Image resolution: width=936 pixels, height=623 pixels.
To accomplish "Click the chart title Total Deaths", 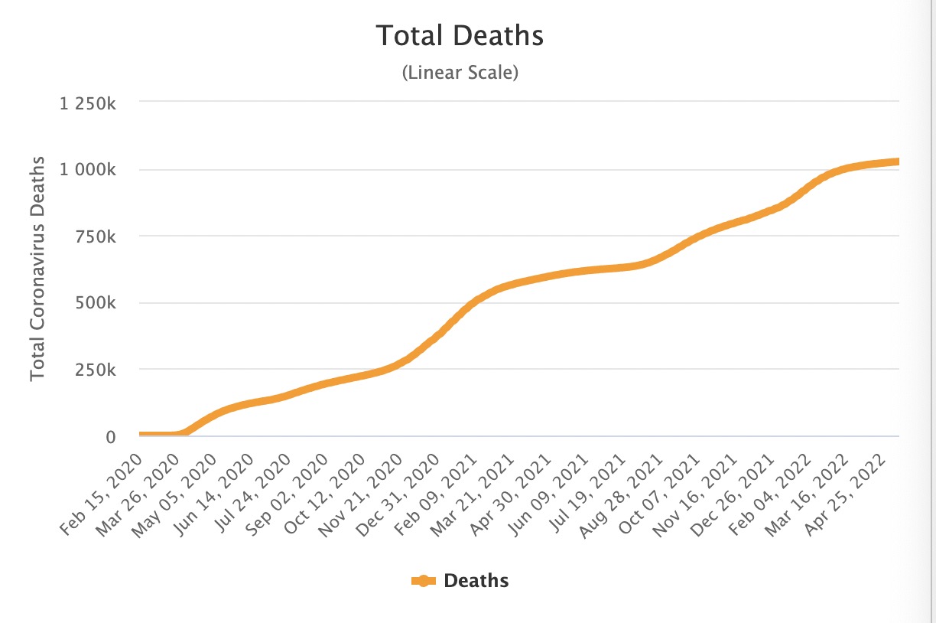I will (460, 36).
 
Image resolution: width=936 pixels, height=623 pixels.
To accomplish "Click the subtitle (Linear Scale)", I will (460, 73).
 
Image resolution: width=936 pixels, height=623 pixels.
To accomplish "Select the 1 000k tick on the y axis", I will (88, 169).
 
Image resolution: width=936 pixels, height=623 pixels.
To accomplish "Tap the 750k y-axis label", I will (96, 236).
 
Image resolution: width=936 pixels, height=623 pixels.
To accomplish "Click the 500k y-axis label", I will (96, 303).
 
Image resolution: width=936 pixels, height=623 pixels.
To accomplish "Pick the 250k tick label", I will (96, 370).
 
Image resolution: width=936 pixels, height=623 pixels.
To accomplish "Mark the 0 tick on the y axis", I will (110, 437).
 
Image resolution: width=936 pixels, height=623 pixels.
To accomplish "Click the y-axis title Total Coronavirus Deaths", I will (37, 269).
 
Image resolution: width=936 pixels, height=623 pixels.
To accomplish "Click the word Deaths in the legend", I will (476, 581).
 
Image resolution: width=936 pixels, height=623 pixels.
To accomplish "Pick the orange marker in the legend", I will (423, 581).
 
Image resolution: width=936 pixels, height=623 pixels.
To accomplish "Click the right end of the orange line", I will (897, 161).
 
